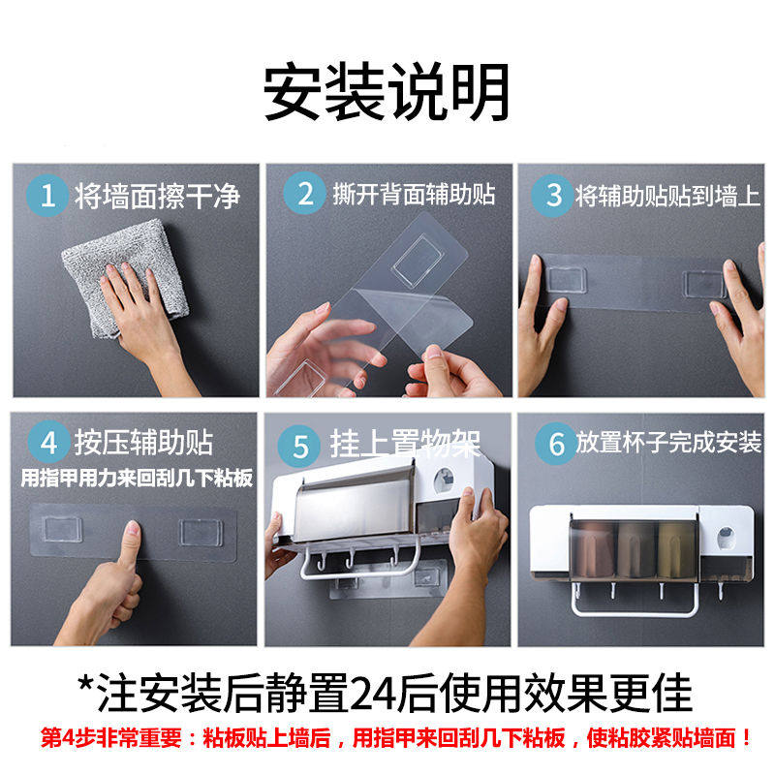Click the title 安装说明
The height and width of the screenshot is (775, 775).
386,92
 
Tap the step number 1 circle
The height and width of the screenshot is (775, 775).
47,196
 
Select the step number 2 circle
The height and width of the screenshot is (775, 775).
305,193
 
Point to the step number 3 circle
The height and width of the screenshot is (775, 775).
553,196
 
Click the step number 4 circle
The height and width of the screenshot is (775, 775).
48,442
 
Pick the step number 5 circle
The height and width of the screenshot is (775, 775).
299,447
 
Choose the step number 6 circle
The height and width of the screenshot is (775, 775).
556,444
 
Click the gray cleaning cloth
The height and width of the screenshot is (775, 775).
124,277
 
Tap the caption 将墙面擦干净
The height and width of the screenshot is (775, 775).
157,196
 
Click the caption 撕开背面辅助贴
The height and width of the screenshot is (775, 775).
414,194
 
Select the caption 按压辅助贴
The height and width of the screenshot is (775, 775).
143,443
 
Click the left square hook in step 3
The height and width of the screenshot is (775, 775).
567,280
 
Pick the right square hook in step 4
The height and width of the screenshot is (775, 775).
200,532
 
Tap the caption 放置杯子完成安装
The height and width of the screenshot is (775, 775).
668,442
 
